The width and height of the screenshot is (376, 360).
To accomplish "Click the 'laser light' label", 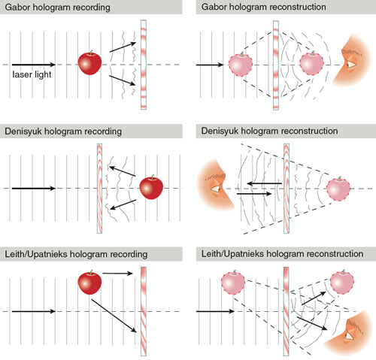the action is (x=32, y=74).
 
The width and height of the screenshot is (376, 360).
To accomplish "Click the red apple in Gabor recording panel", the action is (x=89, y=62).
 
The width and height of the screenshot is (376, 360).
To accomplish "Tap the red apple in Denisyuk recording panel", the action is (x=151, y=187).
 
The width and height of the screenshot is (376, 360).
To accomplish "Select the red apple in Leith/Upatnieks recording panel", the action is (x=89, y=282).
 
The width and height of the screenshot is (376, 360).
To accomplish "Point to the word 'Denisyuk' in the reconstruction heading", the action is (x=220, y=131).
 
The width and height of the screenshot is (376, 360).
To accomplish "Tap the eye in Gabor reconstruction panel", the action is (x=351, y=65).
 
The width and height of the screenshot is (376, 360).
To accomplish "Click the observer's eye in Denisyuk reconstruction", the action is (x=216, y=189).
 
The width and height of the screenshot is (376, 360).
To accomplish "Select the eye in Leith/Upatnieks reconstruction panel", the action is (x=349, y=336).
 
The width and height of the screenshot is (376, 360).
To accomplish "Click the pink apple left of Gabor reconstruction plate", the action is (x=241, y=64).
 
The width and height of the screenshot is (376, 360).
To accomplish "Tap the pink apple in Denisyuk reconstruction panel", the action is (x=338, y=189).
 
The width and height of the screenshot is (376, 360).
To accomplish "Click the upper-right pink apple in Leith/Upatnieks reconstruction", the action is (x=342, y=282).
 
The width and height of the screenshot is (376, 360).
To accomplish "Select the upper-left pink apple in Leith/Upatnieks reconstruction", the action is (x=233, y=282).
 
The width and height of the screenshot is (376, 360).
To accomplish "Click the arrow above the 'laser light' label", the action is (x=34, y=65).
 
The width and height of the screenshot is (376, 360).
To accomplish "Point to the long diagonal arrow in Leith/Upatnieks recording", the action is (x=114, y=316).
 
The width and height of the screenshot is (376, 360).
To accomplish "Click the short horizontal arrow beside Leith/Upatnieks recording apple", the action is (x=117, y=274).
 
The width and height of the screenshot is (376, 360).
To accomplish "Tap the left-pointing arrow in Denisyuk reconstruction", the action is (x=265, y=183).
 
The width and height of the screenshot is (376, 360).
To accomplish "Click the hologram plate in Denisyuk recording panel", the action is (x=99, y=189).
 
